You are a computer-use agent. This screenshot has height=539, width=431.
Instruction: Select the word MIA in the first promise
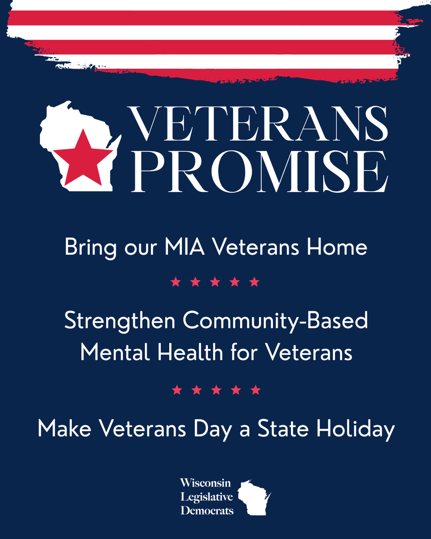pyautogui.click(x=182, y=247)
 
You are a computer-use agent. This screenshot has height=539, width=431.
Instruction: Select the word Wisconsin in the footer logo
pyautogui.click(x=205, y=483)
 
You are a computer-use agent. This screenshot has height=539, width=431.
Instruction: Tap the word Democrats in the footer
pyautogui.click(x=207, y=511)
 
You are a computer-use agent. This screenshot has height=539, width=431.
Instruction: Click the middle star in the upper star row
pyautogui.click(x=215, y=282)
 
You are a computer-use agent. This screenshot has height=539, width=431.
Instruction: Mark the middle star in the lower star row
pyautogui.click(x=216, y=389)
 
